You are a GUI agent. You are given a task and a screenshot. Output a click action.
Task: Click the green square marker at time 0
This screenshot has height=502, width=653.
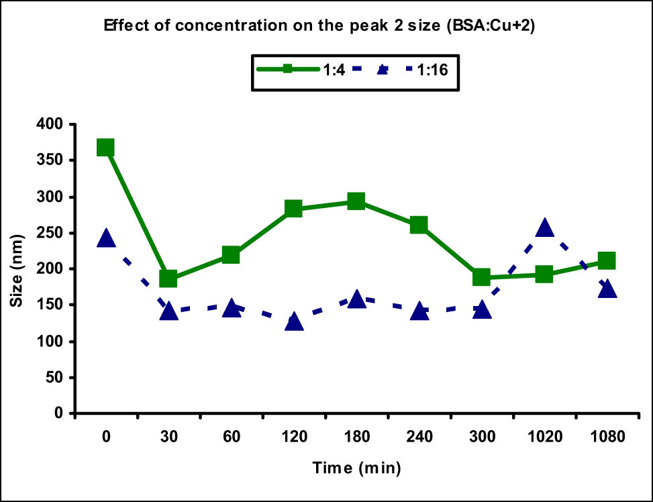[x=105, y=148]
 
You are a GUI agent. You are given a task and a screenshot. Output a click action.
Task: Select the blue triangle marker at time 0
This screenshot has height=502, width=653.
[x=105, y=238]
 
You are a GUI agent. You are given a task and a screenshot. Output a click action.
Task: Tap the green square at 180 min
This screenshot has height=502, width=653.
[x=356, y=201]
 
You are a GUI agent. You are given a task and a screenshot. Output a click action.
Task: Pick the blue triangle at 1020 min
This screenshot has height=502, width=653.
[x=544, y=228]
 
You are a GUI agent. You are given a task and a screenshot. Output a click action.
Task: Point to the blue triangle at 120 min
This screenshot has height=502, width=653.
[x=293, y=321]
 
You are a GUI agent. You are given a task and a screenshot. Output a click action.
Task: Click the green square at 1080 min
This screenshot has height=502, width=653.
[x=606, y=261]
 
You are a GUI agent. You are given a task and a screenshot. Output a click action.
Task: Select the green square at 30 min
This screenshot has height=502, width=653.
[x=168, y=279]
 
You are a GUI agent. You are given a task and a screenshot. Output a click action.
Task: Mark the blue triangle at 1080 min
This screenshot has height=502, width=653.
[x=606, y=289]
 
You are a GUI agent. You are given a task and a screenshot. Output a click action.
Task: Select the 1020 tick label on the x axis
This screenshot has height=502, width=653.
[x=544, y=437]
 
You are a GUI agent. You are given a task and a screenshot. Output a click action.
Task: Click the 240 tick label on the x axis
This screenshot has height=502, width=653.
[x=418, y=437]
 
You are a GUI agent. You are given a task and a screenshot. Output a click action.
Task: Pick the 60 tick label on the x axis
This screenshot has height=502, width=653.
[x=231, y=437]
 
